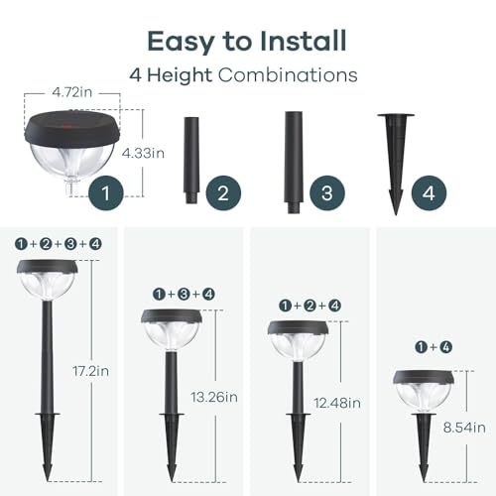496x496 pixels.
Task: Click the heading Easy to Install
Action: (247, 41)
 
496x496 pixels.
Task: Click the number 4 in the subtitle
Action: (135, 74)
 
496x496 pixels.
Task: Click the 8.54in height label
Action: (464, 428)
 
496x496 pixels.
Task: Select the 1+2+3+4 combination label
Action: (59, 243)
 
